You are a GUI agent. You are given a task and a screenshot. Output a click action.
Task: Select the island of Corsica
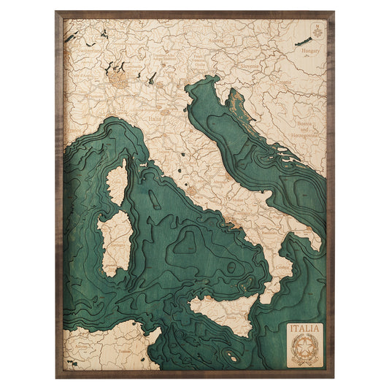pyautogui.click(x=116, y=182)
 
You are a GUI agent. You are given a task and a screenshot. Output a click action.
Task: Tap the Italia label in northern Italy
pyautogui.click(x=155, y=118)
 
